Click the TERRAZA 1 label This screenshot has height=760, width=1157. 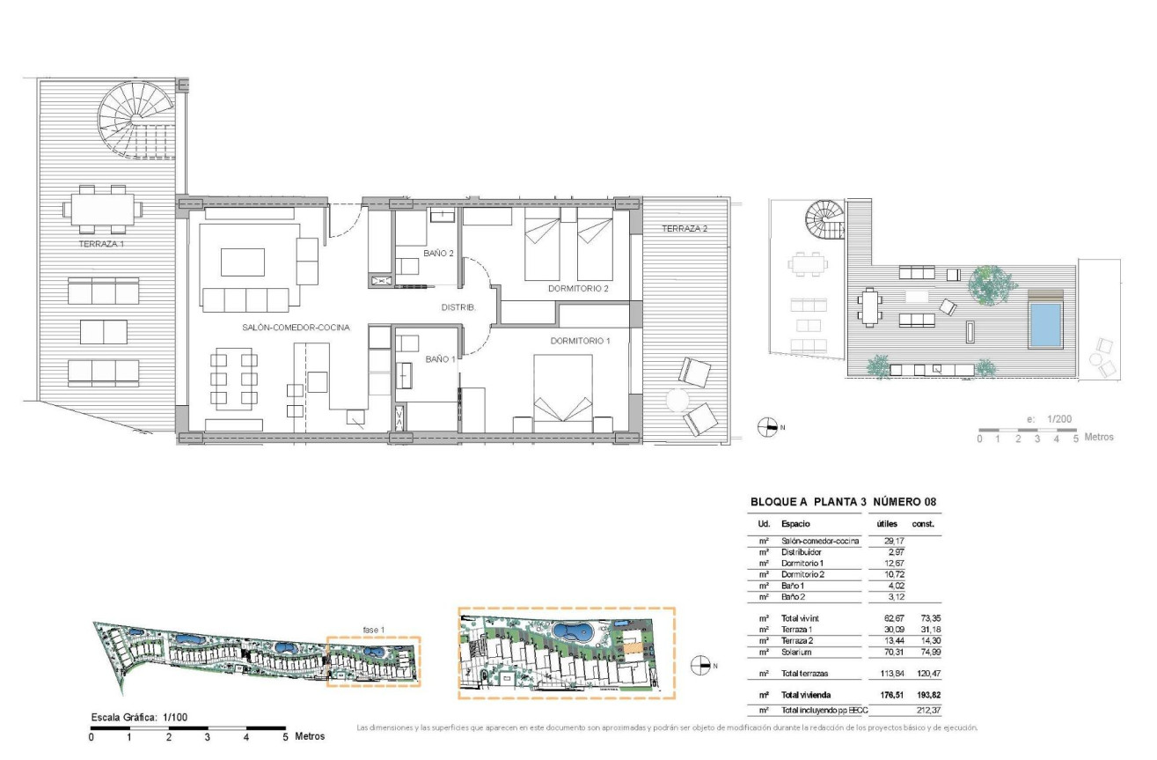[x=101, y=243]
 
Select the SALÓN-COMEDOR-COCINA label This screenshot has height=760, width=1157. [x=296, y=327]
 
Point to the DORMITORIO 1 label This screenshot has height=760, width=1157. [x=580, y=341]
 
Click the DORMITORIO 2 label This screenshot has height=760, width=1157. [x=578, y=288]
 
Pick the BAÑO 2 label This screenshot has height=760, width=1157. [x=438, y=254]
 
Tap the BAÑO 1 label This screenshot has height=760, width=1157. [x=440, y=358]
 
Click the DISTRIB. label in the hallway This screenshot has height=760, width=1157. [x=458, y=307]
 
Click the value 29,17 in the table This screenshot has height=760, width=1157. [x=890, y=541]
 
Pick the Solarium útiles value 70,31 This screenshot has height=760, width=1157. [x=890, y=653]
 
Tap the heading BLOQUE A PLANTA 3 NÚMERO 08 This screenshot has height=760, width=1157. [x=842, y=502]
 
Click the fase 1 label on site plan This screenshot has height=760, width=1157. [x=375, y=630]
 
